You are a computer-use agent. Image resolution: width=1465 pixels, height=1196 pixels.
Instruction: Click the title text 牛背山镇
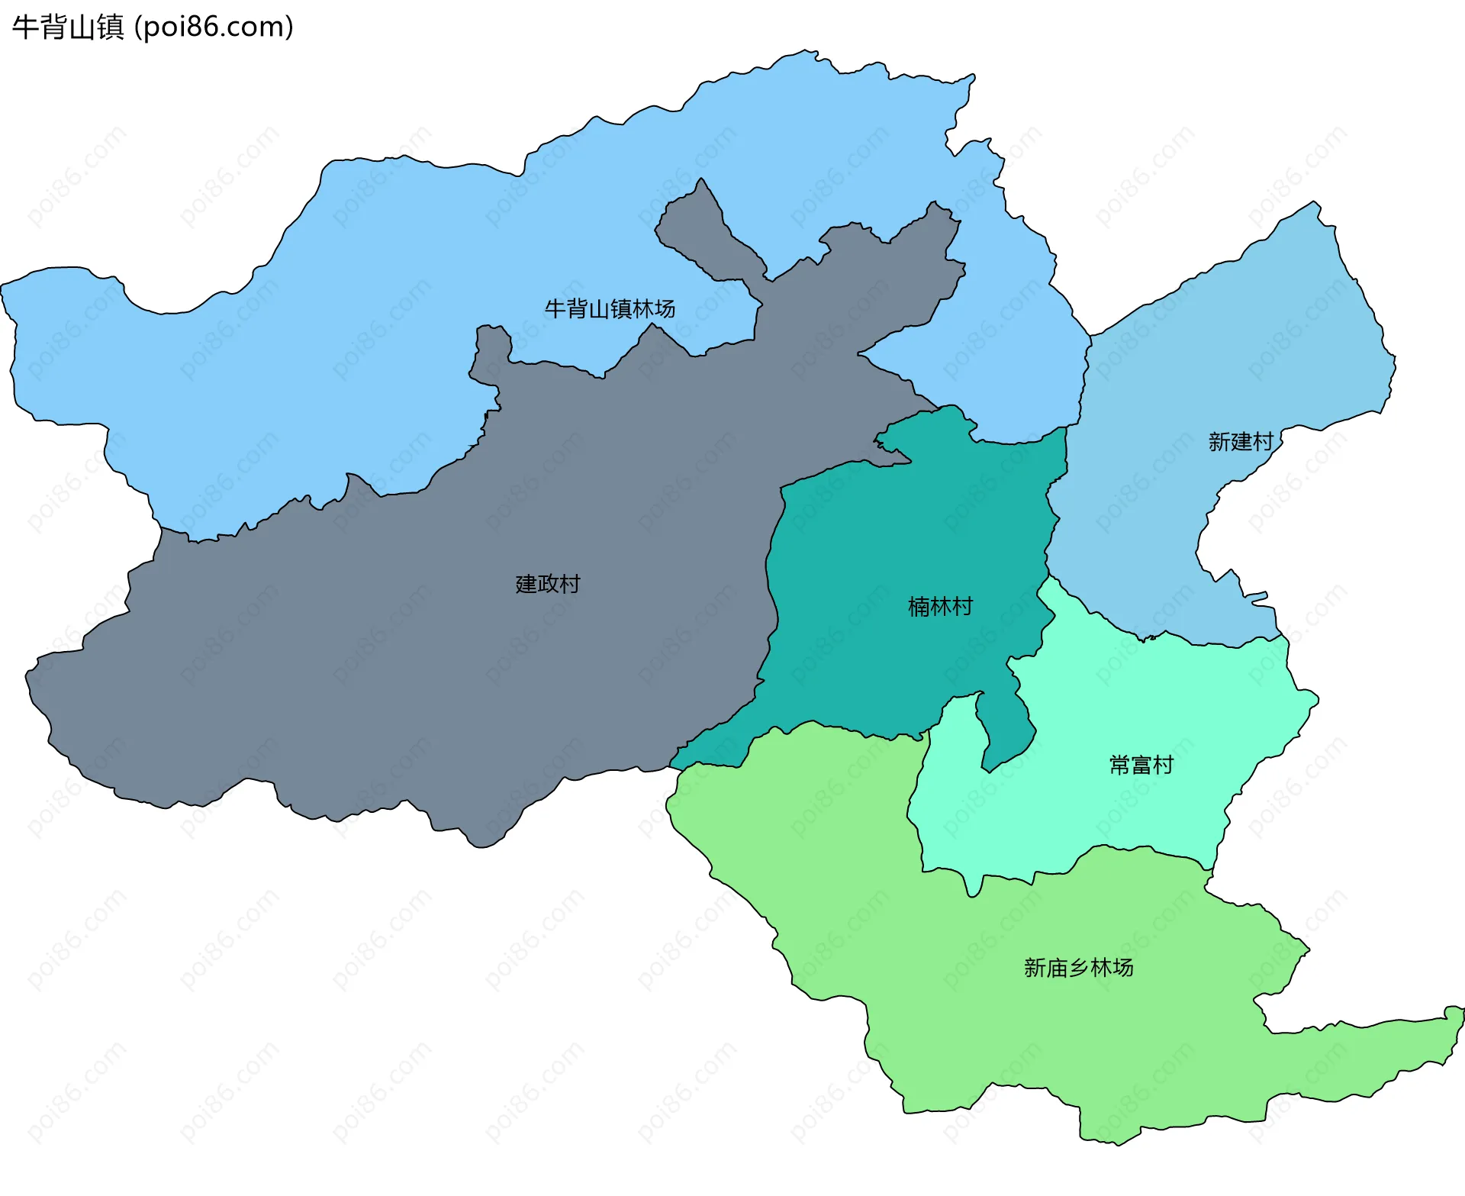(68, 27)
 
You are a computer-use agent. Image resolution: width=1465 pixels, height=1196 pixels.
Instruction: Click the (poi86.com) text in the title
(214, 27)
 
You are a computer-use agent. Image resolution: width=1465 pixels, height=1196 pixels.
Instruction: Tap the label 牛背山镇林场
(610, 309)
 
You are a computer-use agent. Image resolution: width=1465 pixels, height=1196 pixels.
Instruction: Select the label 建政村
(548, 585)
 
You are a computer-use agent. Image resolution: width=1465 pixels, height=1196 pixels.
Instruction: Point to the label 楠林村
(940, 607)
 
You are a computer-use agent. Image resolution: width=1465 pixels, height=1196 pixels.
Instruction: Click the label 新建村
(1241, 442)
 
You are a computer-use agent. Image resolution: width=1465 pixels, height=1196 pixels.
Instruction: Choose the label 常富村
(1141, 765)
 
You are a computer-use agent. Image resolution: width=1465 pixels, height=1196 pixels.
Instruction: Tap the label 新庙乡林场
(1078, 968)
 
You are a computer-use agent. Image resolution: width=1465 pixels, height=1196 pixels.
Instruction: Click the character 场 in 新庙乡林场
(1123, 968)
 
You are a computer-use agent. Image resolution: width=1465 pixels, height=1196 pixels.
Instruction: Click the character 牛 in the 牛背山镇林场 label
(555, 309)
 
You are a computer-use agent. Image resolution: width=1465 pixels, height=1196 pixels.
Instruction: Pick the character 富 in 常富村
(1141, 765)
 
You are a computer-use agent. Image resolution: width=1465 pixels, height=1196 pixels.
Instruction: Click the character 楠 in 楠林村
(919, 607)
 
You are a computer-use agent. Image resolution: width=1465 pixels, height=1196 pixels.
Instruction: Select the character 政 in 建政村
(548, 585)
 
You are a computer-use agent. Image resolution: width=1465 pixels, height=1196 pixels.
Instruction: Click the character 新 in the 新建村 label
(1219, 442)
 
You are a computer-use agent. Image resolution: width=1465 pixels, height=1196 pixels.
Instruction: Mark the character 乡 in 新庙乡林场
(1078, 968)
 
